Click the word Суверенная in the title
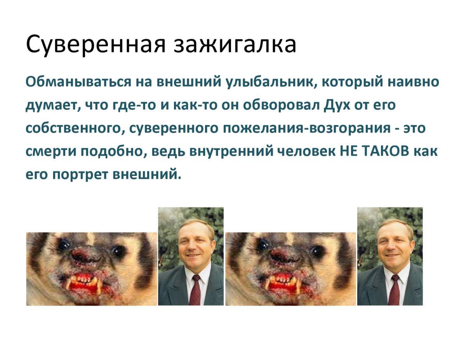pyautogui.click(x=96, y=45)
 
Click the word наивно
pyautogui.click(x=413, y=82)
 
